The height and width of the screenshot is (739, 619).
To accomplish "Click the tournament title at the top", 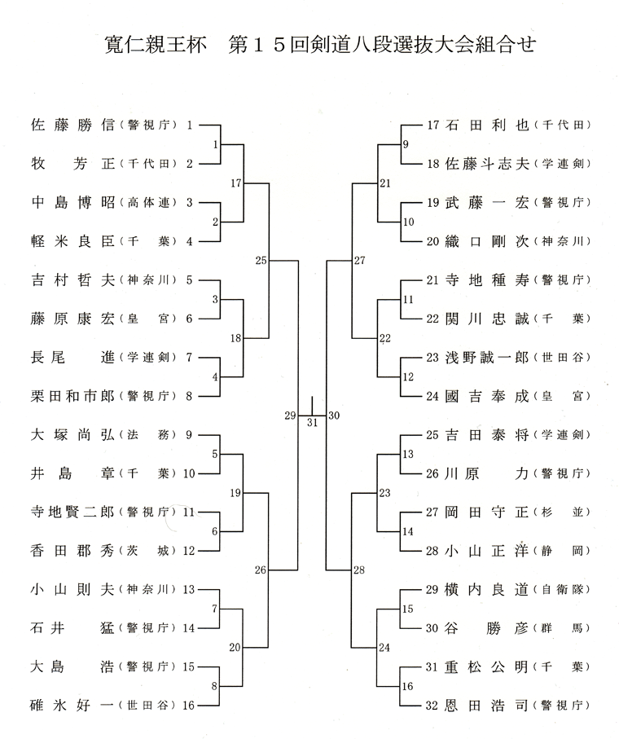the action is [320, 45].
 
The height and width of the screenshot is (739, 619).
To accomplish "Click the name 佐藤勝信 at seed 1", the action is [73, 125].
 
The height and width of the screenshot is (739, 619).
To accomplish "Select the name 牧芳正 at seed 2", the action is [73, 164].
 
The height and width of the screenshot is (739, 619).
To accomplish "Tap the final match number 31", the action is [312, 423].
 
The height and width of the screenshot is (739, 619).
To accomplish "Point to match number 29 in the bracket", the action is [290, 416].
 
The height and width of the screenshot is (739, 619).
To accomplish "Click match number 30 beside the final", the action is [334, 416].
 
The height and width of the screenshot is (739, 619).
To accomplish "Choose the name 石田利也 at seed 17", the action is [488, 125].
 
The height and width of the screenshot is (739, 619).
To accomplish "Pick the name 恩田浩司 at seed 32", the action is [486, 706].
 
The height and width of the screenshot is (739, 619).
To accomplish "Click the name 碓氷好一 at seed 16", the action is [72, 706].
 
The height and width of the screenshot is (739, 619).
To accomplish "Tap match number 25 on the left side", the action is [261, 260].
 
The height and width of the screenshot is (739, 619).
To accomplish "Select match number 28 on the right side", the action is [359, 570].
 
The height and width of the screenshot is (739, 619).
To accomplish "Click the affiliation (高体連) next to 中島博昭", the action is [148, 203].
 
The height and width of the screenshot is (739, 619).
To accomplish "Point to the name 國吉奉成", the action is [488, 396].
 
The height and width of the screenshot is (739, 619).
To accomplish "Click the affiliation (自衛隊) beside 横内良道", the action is [561, 590].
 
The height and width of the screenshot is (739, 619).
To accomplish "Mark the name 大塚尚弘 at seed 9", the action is [73, 434].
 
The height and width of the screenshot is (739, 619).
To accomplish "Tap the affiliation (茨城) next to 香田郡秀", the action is [148, 551].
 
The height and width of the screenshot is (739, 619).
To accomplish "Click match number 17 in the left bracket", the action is [236, 183].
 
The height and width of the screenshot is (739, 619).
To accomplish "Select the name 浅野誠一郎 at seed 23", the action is [488, 357].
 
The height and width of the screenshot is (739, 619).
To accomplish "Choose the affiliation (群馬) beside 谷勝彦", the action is [561, 628].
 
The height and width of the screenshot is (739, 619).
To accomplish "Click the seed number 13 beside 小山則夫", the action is [189, 589].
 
